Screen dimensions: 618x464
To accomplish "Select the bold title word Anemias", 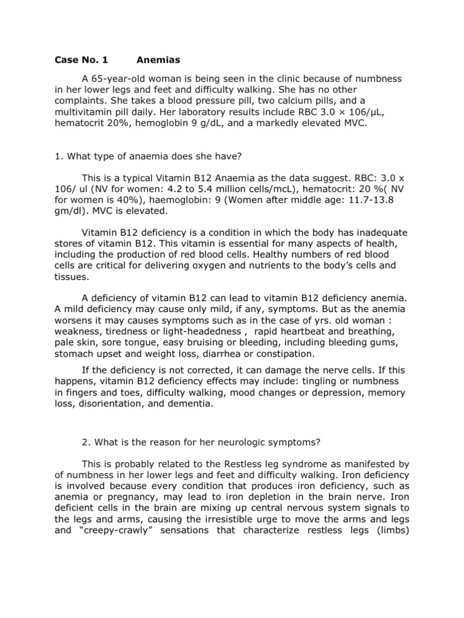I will pyautogui.click(x=158, y=60).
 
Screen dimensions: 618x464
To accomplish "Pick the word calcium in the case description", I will pyautogui.click(x=287, y=101).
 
